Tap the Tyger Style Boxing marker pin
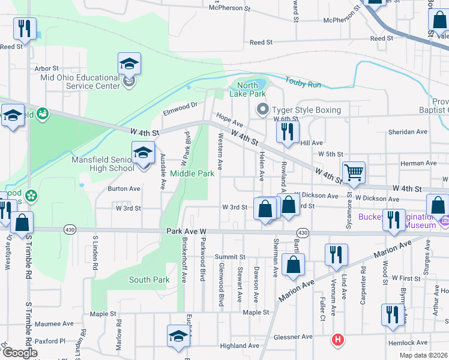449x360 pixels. coord(262,110)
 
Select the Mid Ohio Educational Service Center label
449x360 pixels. coord(80,82)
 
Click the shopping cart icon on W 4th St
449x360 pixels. coord(354,172)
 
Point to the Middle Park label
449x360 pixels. coord(192,173)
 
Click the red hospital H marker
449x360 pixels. coord(339,340)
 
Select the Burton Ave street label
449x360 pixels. coord(124,188)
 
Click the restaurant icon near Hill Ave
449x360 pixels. coord(288,132)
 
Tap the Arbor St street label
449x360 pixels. coord(47,69)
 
